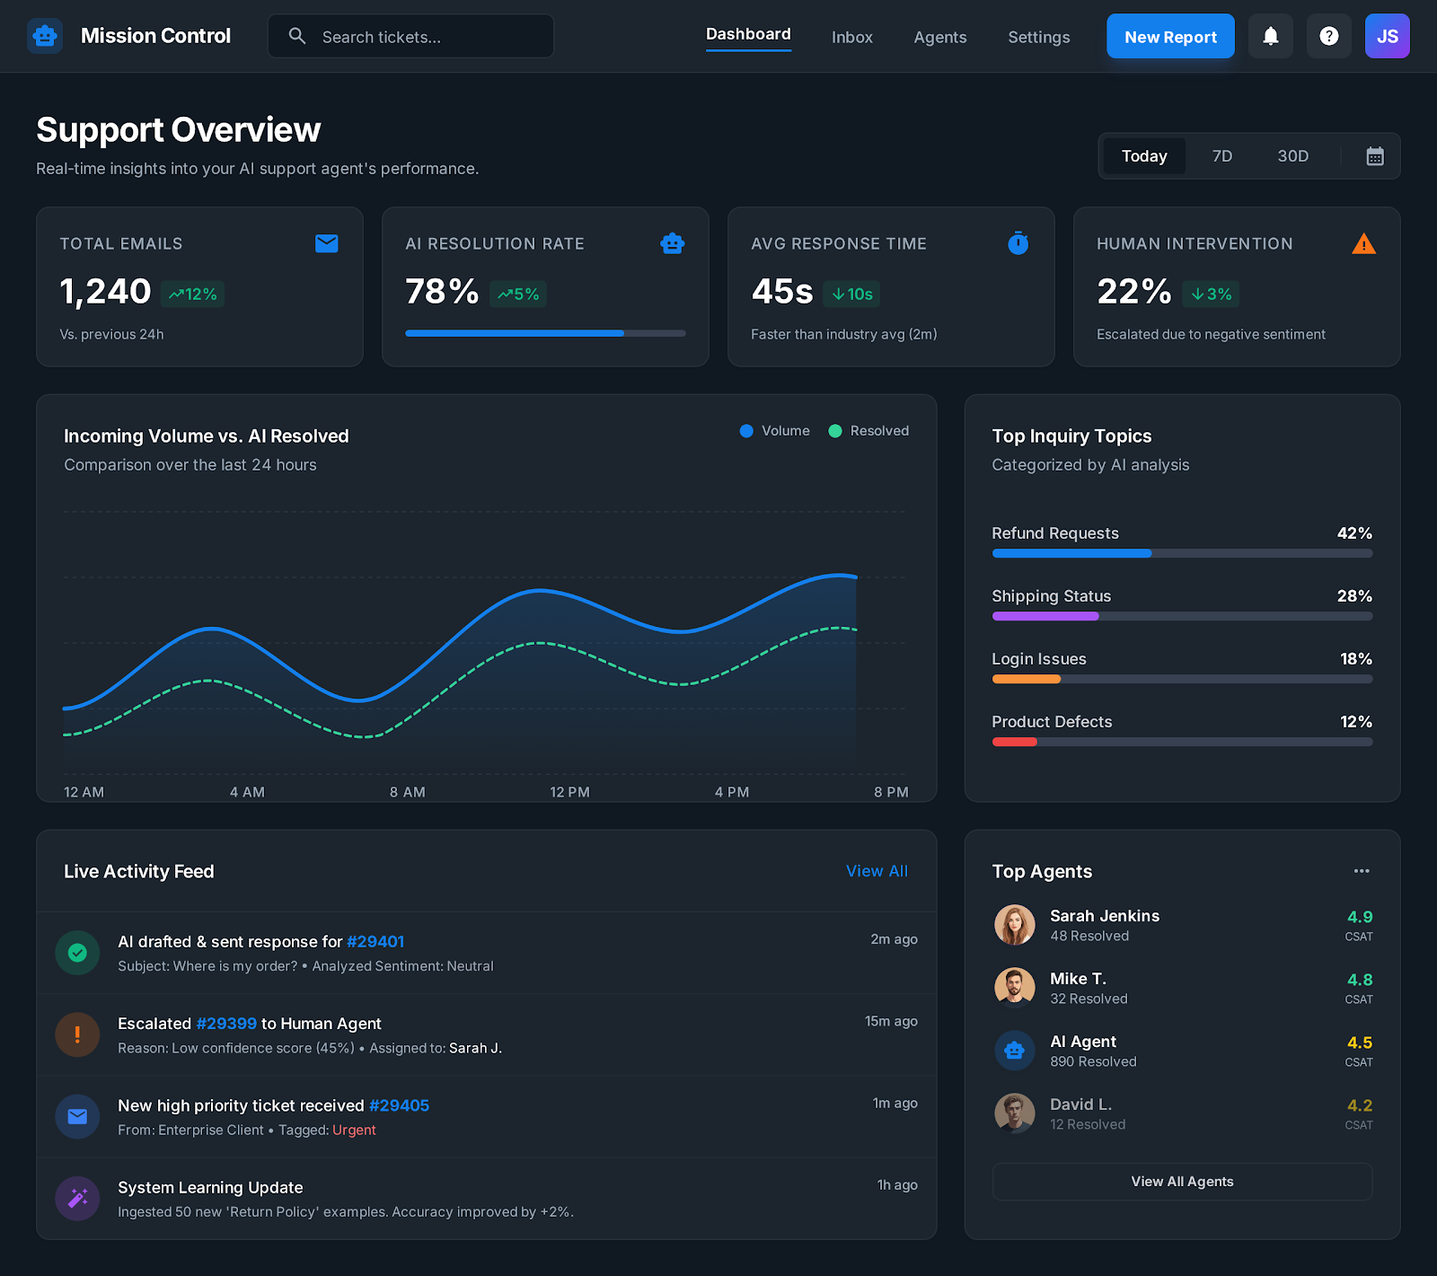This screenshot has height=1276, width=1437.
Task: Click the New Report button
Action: pyautogui.click(x=1169, y=37)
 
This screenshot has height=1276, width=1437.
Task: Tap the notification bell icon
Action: pyautogui.click(x=1270, y=37)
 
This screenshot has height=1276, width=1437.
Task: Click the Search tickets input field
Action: pyautogui.click(x=422, y=37)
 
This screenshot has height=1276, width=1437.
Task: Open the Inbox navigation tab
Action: pyautogui.click(x=851, y=37)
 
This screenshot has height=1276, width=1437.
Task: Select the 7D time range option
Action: pyautogui.click(x=1221, y=156)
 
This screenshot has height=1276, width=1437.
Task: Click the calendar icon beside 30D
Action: pyautogui.click(x=1374, y=156)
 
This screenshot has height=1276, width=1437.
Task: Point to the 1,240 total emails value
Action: pyautogui.click(x=105, y=292)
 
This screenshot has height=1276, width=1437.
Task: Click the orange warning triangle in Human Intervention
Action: pyautogui.click(x=1363, y=243)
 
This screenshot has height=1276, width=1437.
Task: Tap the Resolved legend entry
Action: pyautogui.click(x=868, y=431)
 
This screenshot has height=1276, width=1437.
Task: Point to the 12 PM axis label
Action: pyautogui.click(x=569, y=792)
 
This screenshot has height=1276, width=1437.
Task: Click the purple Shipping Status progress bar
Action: pyautogui.click(x=1045, y=616)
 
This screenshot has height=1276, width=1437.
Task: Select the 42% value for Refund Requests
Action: pyautogui.click(x=1353, y=533)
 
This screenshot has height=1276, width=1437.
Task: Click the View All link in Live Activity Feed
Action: pyautogui.click(x=877, y=871)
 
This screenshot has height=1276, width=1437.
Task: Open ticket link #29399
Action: pyautogui.click(x=226, y=1024)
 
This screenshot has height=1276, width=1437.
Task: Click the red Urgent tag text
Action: pyautogui.click(x=354, y=1130)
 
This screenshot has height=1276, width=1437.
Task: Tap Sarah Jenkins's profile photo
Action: pyautogui.click(x=1014, y=925)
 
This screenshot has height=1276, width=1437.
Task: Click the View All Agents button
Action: pyautogui.click(x=1182, y=1182)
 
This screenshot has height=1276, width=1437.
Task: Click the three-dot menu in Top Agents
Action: pyautogui.click(x=1362, y=871)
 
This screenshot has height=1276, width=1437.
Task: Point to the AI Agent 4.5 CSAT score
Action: pyautogui.click(x=1359, y=1043)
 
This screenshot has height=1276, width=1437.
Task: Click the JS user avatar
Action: pyautogui.click(x=1387, y=37)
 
